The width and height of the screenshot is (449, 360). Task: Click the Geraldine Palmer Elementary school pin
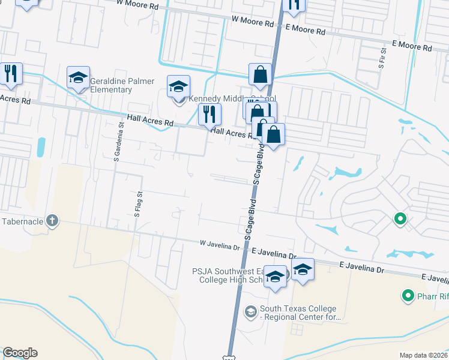pyautogui.click(x=78, y=78)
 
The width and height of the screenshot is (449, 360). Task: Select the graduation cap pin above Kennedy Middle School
pyautogui.click(x=178, y=87)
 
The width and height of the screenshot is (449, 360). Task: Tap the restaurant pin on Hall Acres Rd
pyautogui.click(x=209, y=114)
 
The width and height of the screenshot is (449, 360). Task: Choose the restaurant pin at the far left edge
pyautogui.click(x=11, y=74)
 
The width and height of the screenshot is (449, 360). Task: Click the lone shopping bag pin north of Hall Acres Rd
pyautogui.click(x=261, y=75)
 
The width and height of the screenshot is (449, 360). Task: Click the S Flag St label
pyautogui.click(x=137, y=204)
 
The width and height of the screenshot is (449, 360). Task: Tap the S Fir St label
pyautogui.click(x=381, y=58)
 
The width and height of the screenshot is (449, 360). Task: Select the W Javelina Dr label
pyautogui.click(x=220, y=245)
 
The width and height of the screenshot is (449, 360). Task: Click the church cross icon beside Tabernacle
pyautogui.click(x=52, y=220)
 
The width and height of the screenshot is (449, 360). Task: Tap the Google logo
pyautogui.click(x=20, y=353)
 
